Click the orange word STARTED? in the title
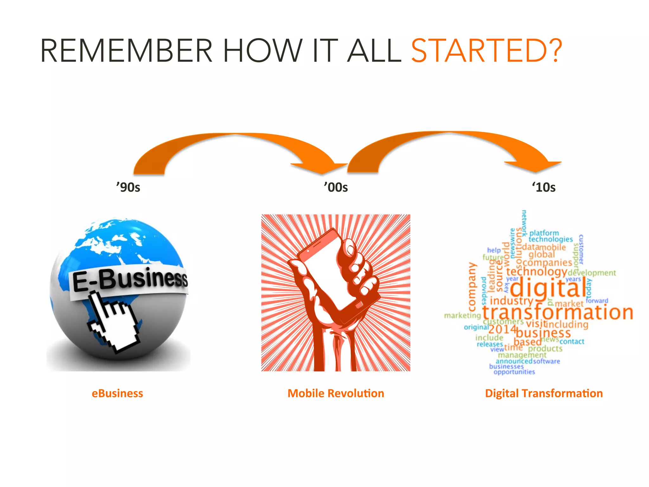pyautogui.click(x=486, y=51)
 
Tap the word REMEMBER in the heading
pyautogui.click(x=126, y=51)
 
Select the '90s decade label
pyautogui.click(x=128, y=187)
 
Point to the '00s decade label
pyautogui.click(x=336, y=187)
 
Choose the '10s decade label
pyautogui.click(x=544, y=187)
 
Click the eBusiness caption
pyautogui.click(x=117, y=393)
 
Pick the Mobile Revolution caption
pyautogui.click(x=336, y=393)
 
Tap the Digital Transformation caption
pyautogui.click(x=544, y=393)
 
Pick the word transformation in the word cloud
pyautogui.click(x=558, y=312)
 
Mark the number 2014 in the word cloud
pyautogui.click(x=502, y=329)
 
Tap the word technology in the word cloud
pyautogui.click(x=536, y=272)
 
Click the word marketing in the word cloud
pyautogui.click(x=462, y=315)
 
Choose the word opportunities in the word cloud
pyautogui.click(x=514, y=372)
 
